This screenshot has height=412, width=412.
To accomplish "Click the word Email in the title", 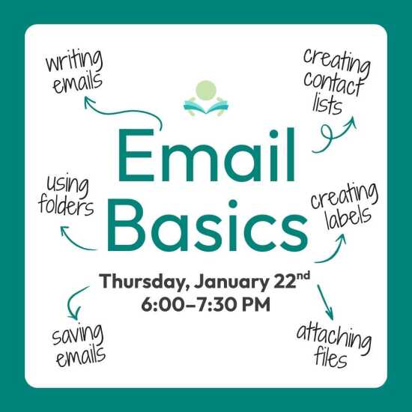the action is click(206, 155).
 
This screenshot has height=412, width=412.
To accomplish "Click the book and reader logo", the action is click(206, 98).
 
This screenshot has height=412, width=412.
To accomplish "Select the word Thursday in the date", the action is click(141, 282).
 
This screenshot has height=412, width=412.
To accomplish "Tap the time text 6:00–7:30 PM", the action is click(206, 304).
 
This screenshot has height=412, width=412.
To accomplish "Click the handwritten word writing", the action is click(74, 61).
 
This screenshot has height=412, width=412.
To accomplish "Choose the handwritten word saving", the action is click(77, 336).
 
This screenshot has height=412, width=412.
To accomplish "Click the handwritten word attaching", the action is click(334, 338).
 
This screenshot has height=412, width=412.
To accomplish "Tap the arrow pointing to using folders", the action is click(76, 241).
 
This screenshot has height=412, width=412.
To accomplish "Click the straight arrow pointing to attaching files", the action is click(325, 303).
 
